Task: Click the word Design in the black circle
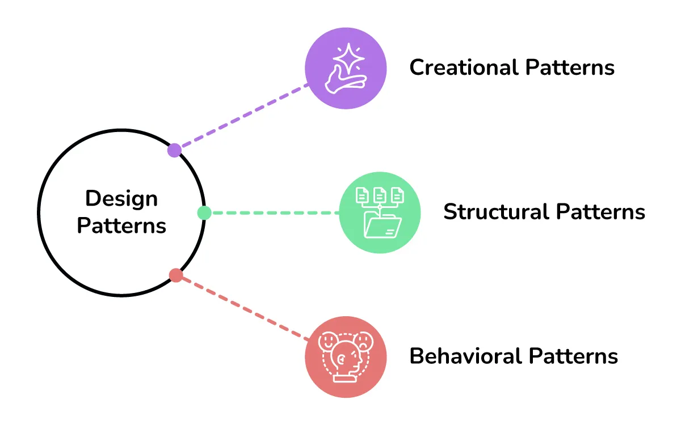pos(121,199)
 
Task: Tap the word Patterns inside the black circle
pos(121,226)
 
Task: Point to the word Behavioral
pos(466,356)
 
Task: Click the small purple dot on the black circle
pos(175,150)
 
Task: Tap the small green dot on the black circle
pos(204,213)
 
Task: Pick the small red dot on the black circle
pos(176,276)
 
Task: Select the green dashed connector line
pos(272,213)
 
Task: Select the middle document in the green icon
pos(380,195)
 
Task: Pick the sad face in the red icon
pos(363,341)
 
